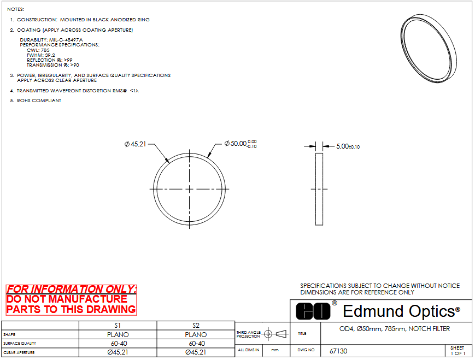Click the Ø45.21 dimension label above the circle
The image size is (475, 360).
pyautogui.click(x=135, y=144)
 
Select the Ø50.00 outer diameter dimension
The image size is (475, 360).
pyautogui.click(x=241, y=144)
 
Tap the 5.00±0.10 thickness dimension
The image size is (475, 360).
pyautogui.click(x=348, y=146)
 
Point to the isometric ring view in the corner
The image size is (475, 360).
pyautogui.click(x=429, y=49)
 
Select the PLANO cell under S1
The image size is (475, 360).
pyautogui.click(x=118, y=334)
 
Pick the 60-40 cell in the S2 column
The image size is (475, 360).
pyautogui.click(x=197, y=344)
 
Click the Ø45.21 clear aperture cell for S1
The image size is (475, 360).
pyautogui.click(x=118, y=352)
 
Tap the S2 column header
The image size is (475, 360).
pyautogui.click(x=196, y=326)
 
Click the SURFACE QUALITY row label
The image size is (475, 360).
pyautogui.click(x=20, y=344)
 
